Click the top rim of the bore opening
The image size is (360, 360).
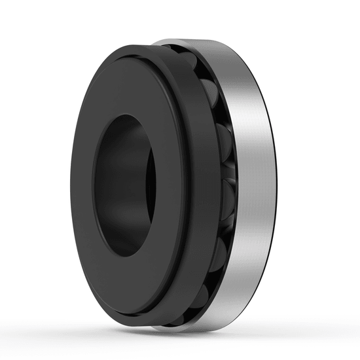[128, 117]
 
